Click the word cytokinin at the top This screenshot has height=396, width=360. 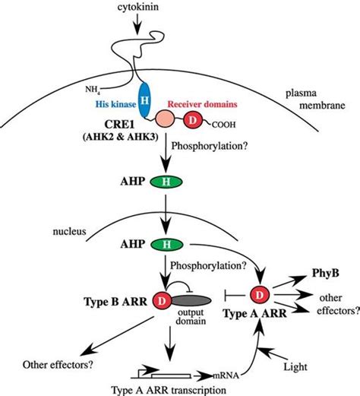(137, 7)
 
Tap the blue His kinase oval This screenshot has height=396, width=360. (144, 100)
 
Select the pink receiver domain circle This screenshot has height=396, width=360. (165, 119)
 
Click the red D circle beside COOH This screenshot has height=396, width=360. (193, 120)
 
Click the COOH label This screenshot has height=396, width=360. (223, 125)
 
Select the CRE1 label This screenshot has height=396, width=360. (120, 125)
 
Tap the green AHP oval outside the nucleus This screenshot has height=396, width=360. (166, 182)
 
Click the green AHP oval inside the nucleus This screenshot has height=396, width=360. (166, 245)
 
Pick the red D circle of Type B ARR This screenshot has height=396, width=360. (162, 301)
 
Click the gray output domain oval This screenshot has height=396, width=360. (191, 301)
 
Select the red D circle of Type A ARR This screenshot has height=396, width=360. (260, 295)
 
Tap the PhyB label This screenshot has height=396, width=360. (325, 274)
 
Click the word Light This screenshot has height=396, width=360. (295, 366)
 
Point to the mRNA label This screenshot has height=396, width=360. (226, 375)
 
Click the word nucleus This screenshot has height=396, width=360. (69, 231)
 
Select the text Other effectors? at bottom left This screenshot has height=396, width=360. (58, 365)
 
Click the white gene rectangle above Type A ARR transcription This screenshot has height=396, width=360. (171, 375)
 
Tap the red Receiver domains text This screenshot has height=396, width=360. (203, 104)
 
